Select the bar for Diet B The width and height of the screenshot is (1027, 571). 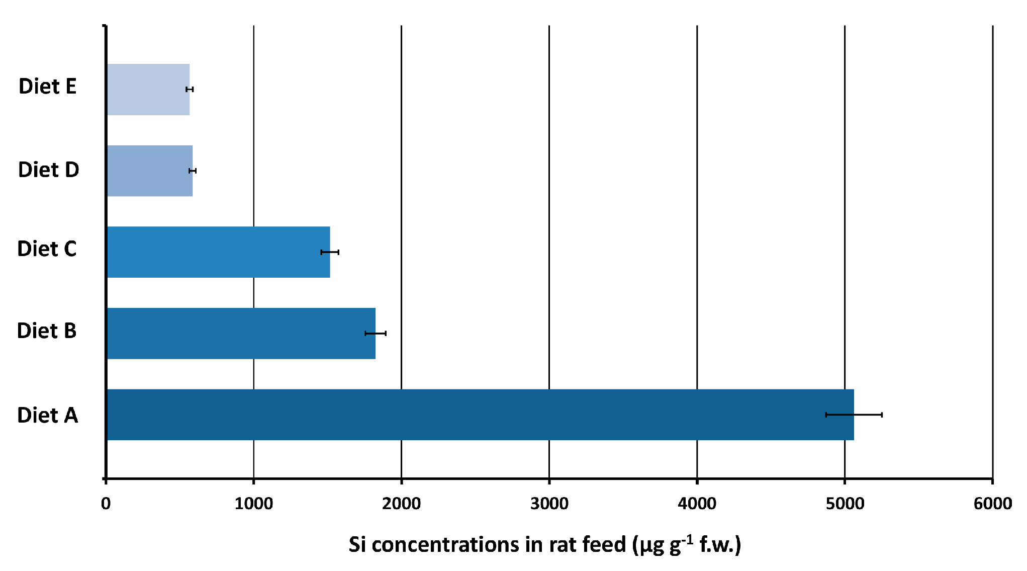point(241,333)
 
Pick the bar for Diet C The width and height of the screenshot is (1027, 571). point(218,252)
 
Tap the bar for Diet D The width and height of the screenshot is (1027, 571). point(150,171)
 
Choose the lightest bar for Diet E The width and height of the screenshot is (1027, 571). point(148,89)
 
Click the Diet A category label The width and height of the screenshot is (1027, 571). point(48,416)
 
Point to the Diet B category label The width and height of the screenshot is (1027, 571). point(47,331)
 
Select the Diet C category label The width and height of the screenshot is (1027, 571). point(47,249)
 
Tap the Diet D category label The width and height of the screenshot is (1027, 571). point(48,170)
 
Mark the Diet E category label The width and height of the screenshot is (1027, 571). point(47,87)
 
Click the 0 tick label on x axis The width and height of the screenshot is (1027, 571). point(106,504)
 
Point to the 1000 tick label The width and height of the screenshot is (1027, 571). point(253,504)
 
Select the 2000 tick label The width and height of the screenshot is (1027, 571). point(401,504)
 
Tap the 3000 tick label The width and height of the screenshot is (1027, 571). point(549,504)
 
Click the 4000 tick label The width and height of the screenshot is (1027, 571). point(697,504)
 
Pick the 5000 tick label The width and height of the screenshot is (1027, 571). point(845,504)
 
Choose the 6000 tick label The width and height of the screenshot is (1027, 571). point(992,504)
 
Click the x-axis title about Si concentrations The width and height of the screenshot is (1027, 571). point(544,545)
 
